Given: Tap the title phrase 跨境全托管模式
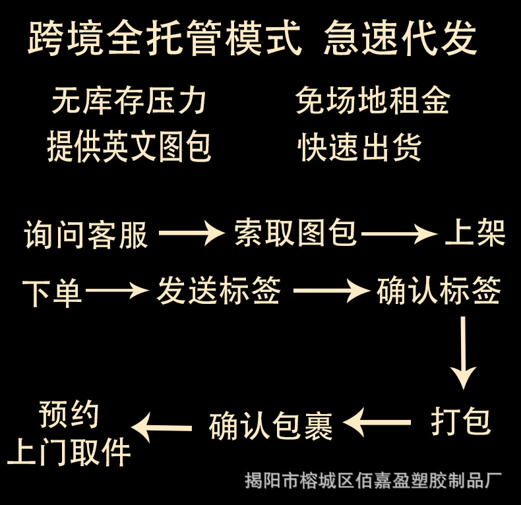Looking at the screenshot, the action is pos(165,38).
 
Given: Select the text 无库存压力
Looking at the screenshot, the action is pos(129,102).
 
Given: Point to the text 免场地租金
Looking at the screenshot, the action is pos(373,102).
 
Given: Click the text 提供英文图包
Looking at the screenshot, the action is pos(129,146).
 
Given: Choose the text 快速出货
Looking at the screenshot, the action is pos(359,146).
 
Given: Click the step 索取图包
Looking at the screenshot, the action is pos(295,233).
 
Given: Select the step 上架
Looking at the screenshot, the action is pos(475,232).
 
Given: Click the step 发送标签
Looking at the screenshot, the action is pos(218,291).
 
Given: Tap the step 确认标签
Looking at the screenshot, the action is pos(439,291).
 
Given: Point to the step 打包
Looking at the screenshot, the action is pos(461,421).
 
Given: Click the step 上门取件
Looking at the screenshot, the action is pos(69,452).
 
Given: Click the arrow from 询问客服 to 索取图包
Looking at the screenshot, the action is pos(191,233).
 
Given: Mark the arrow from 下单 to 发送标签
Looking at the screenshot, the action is pos(116,290).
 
